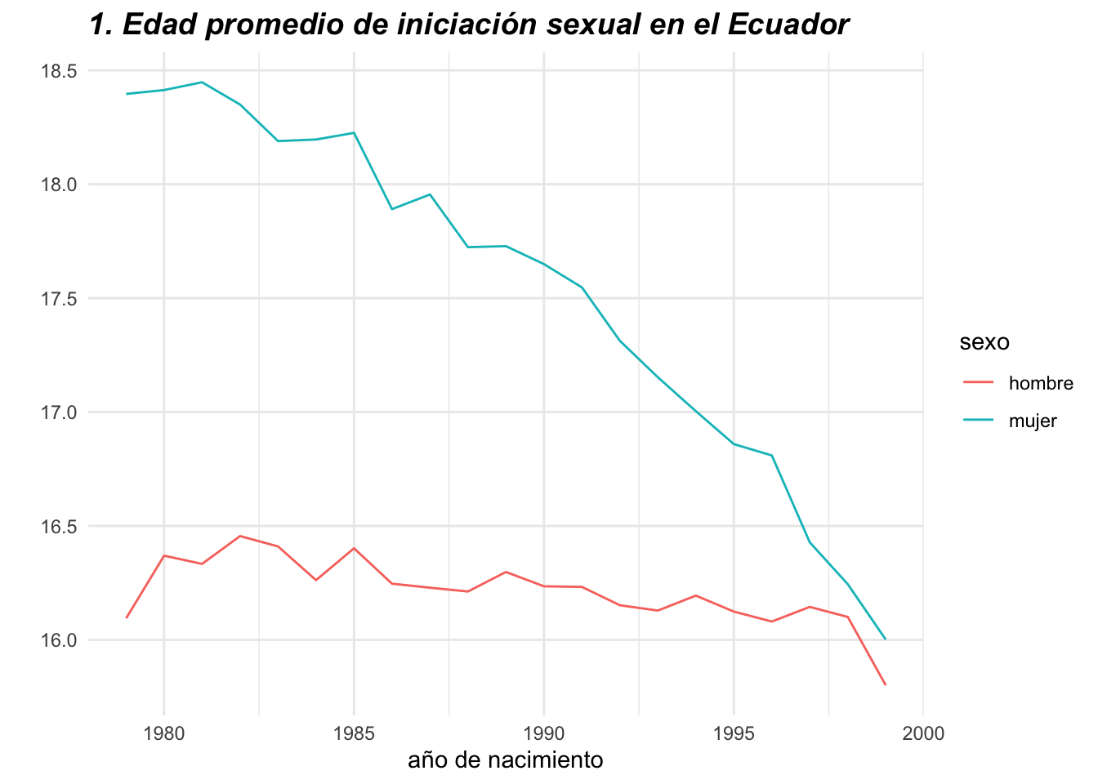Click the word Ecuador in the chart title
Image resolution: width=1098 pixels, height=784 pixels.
(788, 25)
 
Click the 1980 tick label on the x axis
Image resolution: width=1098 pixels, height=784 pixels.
(164, 733)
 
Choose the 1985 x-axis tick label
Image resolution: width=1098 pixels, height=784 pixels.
(354, 733)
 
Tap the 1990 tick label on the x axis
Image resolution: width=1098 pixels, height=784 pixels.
(543, 733)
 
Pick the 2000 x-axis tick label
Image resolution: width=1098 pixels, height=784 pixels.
(923, 733)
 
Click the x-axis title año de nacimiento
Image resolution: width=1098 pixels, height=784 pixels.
(505, 760)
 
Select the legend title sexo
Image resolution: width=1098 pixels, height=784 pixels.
(984, 342)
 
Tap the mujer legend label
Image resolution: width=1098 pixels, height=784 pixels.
(1033, 421)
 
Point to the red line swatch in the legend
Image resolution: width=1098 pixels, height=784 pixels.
(978, 382)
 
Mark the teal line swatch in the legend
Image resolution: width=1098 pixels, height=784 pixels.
(978, 421)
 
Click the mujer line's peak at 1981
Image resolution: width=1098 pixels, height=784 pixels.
(202, 82)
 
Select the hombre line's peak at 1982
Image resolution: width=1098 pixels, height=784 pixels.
(240, 536)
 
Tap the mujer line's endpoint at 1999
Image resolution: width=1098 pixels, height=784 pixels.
(886, 639)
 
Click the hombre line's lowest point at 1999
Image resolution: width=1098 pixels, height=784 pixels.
(886, 684)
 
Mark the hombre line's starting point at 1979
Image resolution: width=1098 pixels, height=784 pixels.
(127, 617)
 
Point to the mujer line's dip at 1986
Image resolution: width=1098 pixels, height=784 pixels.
(392, 209)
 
